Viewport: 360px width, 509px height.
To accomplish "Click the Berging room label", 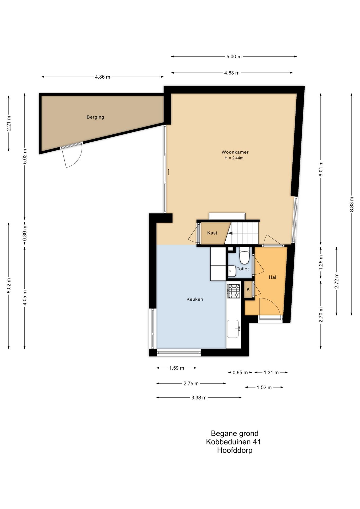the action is click(95, 117).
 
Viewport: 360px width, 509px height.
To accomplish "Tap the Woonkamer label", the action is click(235, 152).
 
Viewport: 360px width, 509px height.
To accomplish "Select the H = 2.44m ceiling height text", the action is click(234, 158).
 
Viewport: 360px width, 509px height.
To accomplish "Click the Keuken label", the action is click(195, 299).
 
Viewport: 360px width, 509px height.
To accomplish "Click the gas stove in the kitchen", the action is click(234, 291).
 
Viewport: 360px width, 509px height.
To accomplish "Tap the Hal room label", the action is click(272, 277).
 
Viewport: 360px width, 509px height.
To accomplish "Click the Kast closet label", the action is click(212, 233).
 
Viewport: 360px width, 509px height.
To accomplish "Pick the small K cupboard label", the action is click(248, 289).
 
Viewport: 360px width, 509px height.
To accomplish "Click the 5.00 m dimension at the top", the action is click(234, 56).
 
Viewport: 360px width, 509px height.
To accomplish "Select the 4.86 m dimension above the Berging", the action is click(102, 77).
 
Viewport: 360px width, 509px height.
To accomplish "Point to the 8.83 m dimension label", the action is click(352, 204).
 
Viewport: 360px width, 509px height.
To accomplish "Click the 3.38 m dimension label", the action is click(199, 398).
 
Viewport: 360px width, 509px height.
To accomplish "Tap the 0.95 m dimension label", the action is click(240, 373).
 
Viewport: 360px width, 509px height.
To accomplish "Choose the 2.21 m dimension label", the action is click(9, 123).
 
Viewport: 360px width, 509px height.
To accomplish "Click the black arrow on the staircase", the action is click(230, 234).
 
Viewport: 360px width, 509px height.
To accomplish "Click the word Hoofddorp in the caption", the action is click(235, 450).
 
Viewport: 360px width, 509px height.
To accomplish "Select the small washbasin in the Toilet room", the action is click(232, 271).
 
